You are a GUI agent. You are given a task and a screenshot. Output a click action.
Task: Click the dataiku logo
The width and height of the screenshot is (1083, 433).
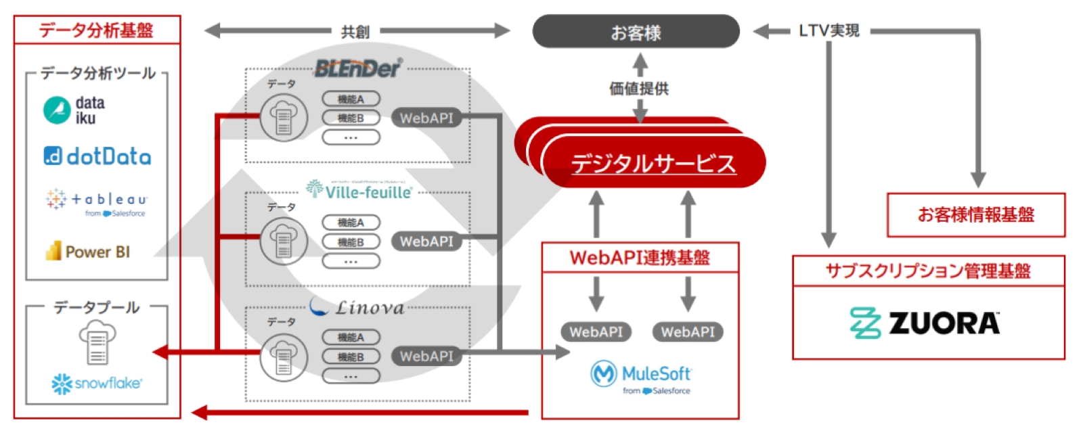pos(74,110)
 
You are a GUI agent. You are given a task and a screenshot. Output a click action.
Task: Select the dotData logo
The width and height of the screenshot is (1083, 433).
pos(97,156)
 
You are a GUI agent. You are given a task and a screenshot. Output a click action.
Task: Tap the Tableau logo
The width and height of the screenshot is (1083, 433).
pos(97,201)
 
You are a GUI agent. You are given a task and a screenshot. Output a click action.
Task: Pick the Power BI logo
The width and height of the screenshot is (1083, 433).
pos(88,252)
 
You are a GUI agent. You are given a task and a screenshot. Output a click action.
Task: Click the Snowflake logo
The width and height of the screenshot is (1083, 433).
pos(97,384)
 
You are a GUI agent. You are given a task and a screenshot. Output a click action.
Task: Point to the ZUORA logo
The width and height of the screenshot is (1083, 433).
pos(925,323)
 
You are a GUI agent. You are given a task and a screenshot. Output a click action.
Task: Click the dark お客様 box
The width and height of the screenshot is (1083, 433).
pos(636,32)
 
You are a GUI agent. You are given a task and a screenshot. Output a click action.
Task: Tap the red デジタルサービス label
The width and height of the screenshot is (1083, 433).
pos(653,164)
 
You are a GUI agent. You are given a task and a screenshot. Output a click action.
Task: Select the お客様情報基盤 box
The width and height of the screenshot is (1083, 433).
pos(975,215)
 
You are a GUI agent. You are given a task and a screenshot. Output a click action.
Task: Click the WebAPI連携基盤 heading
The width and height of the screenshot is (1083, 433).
pos(640,258)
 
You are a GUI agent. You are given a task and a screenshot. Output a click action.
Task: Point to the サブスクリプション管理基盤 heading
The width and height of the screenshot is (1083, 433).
pos(928,271)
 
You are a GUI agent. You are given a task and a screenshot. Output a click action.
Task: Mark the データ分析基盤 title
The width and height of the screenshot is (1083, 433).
pos(96,30)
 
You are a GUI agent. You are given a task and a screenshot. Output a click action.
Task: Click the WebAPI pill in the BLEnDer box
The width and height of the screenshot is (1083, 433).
pos(426,118)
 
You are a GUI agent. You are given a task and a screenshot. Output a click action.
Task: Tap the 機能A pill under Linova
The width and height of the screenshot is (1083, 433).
pos(351,337)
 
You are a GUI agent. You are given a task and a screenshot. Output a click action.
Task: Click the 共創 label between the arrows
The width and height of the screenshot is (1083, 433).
pos(355,31)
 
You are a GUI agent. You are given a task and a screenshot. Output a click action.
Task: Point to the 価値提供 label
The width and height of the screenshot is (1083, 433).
pos(639,89)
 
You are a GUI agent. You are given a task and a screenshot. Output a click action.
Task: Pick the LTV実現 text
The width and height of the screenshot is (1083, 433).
pos(829,30)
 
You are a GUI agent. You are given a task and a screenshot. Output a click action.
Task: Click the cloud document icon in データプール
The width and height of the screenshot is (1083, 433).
pos(97,342)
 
